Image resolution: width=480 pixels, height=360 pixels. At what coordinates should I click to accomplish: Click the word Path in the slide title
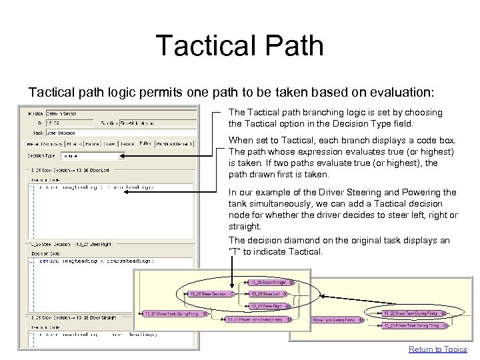(293, 46)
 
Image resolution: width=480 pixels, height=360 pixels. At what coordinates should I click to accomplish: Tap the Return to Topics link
(437, 349)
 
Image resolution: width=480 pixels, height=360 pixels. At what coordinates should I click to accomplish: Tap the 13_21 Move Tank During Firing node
(169, 313)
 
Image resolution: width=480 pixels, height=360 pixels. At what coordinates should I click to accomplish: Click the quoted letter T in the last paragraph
(233, 252)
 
